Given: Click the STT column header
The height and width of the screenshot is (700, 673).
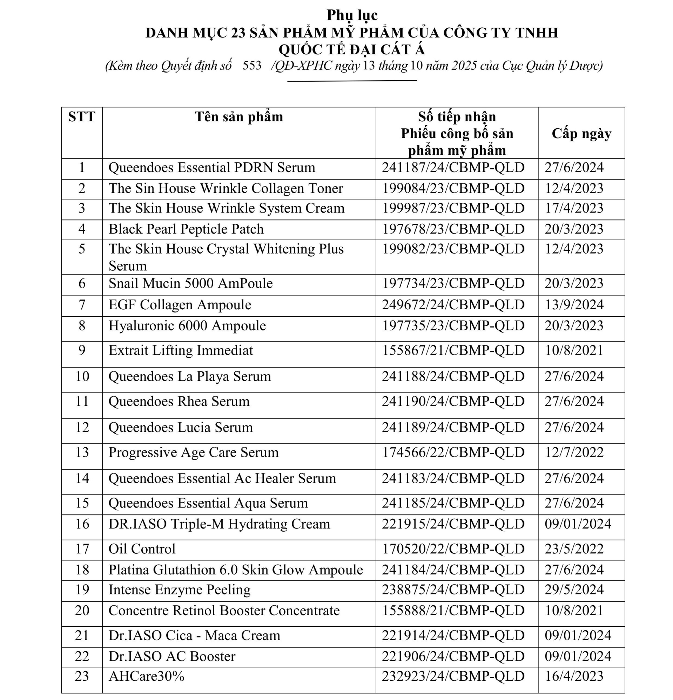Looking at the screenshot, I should pos(81,117).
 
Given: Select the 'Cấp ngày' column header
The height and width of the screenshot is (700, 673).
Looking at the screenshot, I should pos(581,133).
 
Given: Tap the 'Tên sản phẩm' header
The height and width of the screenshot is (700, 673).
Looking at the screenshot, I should pos(238,117).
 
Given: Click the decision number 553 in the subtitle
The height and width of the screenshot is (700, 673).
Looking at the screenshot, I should pos(252,65).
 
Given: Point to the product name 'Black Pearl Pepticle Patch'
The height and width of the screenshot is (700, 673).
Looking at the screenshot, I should pos(186,229).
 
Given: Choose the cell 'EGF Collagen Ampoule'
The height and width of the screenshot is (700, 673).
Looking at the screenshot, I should pos(180,305).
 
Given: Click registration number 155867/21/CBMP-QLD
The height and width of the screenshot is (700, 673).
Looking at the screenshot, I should pos(453,350).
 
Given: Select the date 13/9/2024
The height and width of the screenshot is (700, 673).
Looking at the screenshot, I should pos(574,305).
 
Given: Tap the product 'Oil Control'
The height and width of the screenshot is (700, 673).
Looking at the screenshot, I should pos(142,548).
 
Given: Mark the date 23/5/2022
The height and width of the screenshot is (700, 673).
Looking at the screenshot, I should pos(574,548).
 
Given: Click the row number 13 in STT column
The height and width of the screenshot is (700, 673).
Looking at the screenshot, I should pos(82,452).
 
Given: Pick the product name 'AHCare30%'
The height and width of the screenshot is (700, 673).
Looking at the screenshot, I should pos(146,676).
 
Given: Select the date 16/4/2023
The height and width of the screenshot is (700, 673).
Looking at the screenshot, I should pos(574,676).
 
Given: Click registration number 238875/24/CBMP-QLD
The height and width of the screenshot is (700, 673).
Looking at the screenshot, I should pos(453,589).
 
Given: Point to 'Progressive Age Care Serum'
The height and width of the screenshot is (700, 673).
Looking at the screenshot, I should pos(193,452).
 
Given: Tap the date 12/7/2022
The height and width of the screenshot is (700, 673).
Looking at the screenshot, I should pos(574,452).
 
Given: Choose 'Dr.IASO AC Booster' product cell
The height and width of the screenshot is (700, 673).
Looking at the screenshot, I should pos(172,656).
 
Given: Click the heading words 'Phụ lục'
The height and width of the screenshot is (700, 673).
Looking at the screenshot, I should pos(352,15).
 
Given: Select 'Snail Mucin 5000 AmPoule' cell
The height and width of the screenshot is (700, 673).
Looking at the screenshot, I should pos(190,283).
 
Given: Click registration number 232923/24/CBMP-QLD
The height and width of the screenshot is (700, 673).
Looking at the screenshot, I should pos(453,676).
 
